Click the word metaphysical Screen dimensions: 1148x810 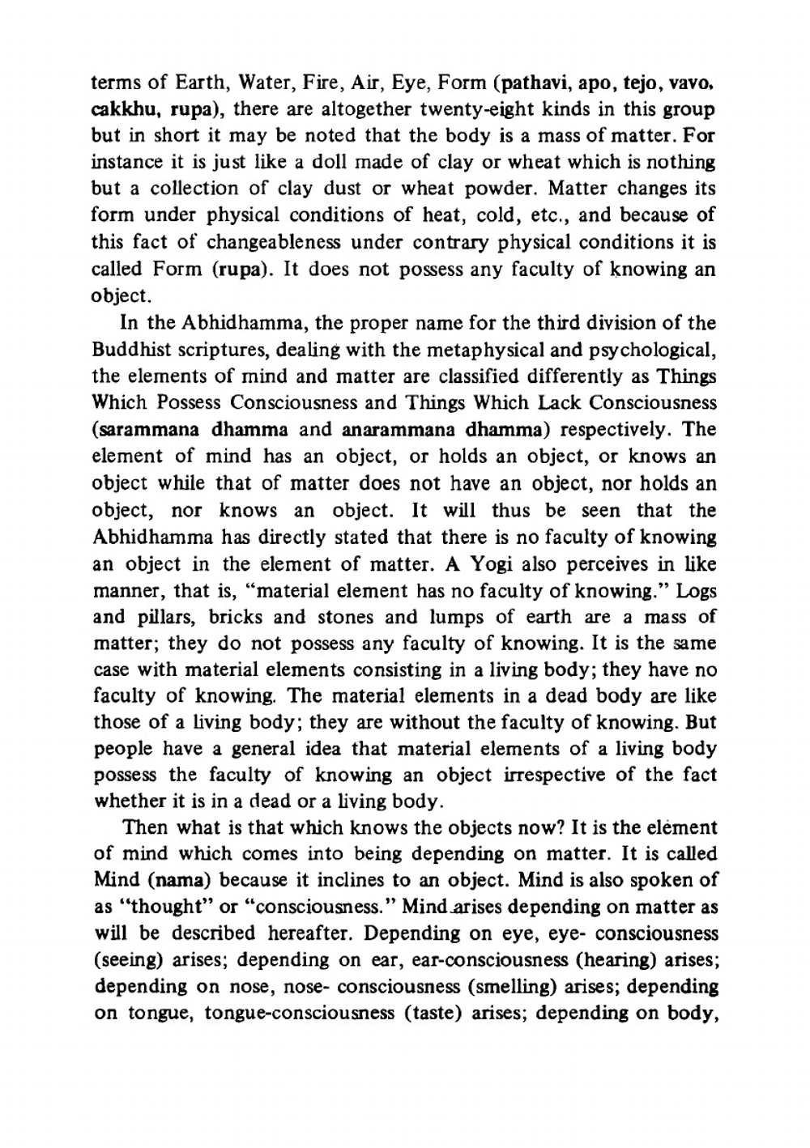click(454, 351)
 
